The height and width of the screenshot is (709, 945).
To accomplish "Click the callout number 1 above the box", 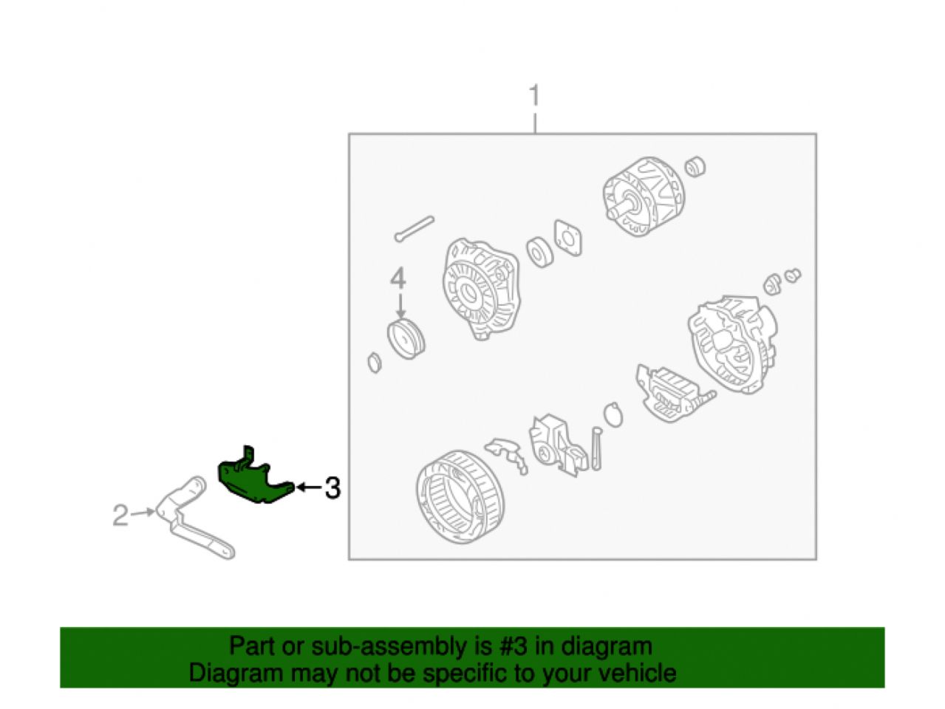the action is (534, 95).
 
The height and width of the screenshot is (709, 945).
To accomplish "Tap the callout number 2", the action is (120, 515).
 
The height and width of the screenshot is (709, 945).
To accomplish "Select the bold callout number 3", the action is (332, 488).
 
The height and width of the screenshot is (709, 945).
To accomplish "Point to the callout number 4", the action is (398, 278).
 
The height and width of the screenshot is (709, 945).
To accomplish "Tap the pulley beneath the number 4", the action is (406, 340).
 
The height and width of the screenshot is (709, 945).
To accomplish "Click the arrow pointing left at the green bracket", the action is (309, 487).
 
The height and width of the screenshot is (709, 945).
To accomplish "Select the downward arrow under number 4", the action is (400, 306).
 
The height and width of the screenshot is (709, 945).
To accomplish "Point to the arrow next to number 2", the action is (143, 513).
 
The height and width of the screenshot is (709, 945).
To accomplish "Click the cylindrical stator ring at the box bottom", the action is (460, 497).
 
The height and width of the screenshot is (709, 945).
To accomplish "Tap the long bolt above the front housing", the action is (414, 229).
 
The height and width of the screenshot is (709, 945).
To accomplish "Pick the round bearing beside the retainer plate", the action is (539, 252).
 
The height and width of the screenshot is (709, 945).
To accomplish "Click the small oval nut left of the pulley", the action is (375, 363).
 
